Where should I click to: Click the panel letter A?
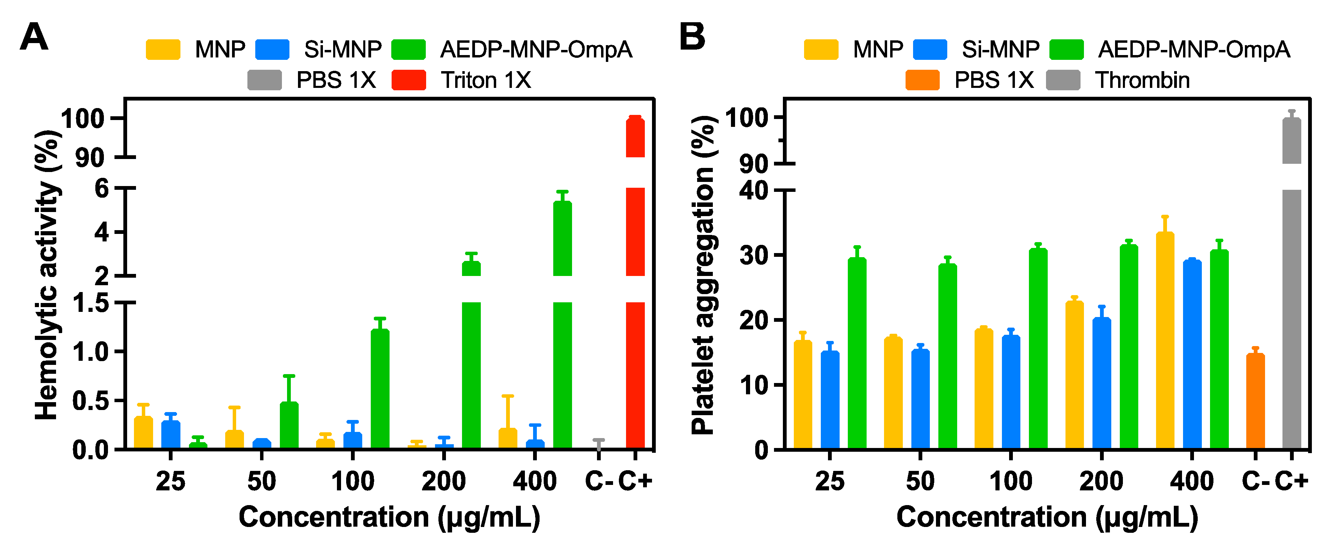tap(34, 37)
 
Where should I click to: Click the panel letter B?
tap(692, 37)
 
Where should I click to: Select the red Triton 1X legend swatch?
tap(408, 80)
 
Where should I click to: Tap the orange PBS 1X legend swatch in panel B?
tap(922, 80)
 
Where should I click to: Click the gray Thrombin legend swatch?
tap(1063, 80)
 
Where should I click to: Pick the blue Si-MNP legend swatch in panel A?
tap(272, 50)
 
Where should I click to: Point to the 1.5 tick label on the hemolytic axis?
tap(91, 303)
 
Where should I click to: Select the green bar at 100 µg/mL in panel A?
tap(380, 388)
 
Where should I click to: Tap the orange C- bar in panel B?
tap(1255, 401)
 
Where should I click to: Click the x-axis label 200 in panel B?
tap(1101, 481)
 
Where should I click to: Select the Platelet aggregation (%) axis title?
tap(703, 274)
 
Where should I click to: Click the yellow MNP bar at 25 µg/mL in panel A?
tap(143, 432)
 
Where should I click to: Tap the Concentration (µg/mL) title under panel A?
tap(389, 517)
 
